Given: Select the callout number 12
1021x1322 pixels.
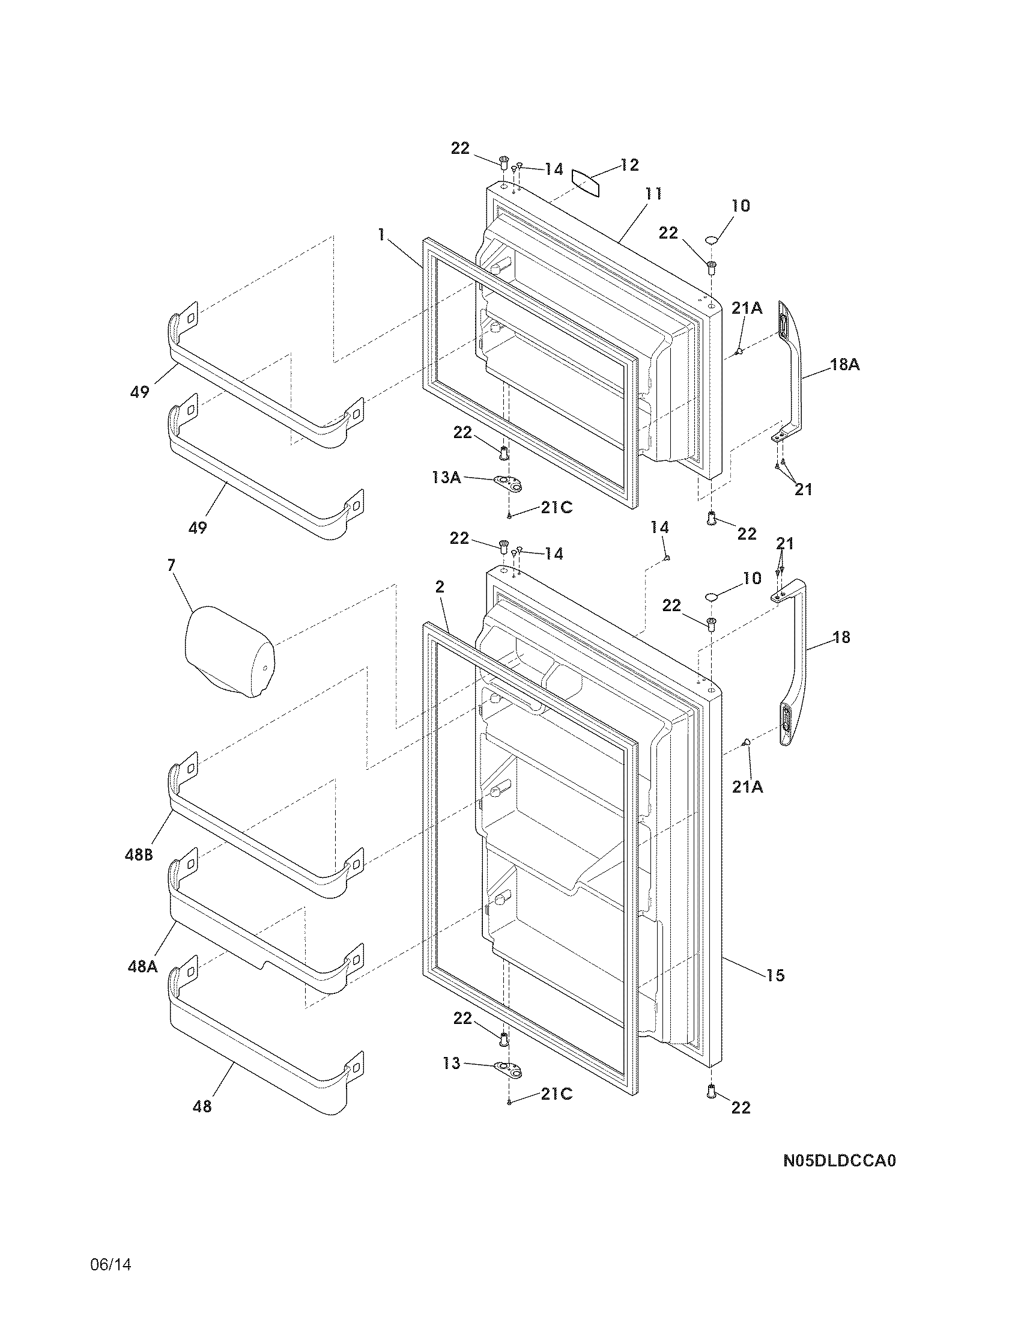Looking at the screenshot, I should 629,165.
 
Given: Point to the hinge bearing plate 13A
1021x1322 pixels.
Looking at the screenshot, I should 507,483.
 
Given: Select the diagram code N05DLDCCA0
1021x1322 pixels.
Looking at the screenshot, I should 839,1160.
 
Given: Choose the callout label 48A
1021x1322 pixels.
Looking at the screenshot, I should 142,967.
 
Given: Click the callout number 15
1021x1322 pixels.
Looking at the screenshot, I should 775,975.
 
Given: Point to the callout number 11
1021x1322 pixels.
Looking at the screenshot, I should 653,194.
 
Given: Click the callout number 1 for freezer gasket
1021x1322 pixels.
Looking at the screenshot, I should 381,235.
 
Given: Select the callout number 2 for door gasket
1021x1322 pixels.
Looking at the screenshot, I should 439,586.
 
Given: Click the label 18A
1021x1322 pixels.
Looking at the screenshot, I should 844,364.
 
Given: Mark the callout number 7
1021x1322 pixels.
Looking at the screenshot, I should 171,565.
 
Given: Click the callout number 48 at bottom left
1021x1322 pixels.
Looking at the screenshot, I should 202,1106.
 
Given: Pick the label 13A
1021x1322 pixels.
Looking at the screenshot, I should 446,478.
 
